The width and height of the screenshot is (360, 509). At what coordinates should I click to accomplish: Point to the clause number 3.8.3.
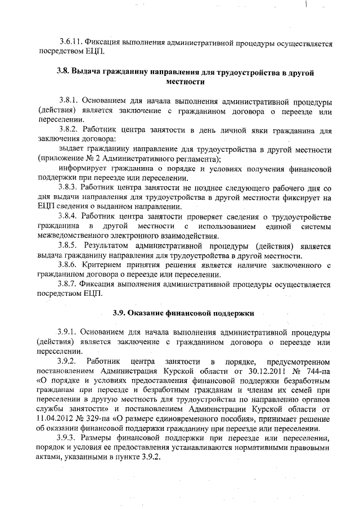click(x=69, y=185)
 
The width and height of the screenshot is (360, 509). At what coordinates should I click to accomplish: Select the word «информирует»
click(x=82, y=167)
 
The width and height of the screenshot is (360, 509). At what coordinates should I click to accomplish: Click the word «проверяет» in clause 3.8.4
click(x=196, y=216)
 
